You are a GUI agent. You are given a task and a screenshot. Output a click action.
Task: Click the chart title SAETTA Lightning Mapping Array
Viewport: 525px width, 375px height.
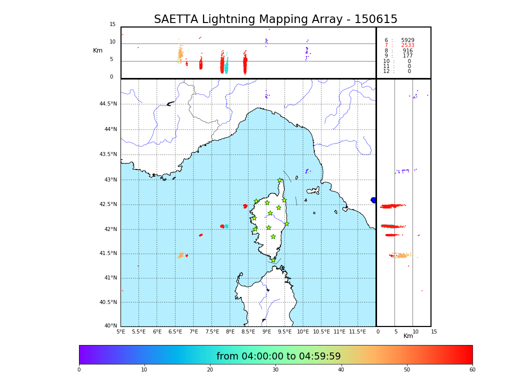(275, 19)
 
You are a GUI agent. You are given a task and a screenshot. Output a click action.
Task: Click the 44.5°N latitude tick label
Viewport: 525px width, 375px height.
(108, 104)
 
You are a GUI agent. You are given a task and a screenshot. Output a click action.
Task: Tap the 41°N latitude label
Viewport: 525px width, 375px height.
(110, 278)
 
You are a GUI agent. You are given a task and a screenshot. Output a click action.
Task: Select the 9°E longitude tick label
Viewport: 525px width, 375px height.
(266, 332)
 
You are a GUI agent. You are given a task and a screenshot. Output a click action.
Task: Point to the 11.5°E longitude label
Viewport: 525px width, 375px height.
(358, 332)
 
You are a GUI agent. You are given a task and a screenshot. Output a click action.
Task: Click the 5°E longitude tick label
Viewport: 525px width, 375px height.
(121, 332)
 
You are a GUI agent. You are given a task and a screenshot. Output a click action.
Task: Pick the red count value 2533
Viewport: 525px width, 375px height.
(407, 45)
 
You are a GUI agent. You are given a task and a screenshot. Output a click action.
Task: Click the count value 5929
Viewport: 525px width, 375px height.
(407, 40)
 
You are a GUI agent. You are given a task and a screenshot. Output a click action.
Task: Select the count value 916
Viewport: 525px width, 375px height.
(407, 51)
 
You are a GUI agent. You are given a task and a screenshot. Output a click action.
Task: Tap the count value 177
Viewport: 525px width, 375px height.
(407, 56)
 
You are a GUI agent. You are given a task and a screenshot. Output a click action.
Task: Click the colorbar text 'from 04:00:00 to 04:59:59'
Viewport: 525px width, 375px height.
(278, 356)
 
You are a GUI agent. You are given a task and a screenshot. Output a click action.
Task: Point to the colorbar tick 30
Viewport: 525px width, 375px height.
(275, 370)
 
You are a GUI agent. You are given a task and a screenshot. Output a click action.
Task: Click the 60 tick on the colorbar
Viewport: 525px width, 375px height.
(472, 370)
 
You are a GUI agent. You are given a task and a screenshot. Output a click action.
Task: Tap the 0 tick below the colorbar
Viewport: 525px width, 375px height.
(79, 370)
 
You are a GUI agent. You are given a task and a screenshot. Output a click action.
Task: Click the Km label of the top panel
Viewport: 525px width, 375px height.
(97, 50)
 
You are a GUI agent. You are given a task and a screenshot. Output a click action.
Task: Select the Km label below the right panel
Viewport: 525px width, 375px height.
(408, 336)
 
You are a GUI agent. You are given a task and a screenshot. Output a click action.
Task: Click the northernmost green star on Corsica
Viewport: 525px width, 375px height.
(280, 180)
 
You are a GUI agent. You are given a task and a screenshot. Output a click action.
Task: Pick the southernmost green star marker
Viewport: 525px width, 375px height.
(273, 260)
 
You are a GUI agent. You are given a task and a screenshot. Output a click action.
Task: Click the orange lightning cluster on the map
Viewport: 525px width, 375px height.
(180, 255)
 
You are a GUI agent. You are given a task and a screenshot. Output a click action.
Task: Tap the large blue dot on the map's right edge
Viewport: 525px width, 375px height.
(373, 200)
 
